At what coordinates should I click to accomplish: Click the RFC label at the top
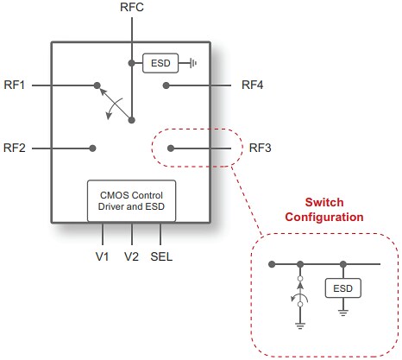coord(131,9)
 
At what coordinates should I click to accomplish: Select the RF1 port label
coord(16,85)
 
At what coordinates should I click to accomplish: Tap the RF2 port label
coord(16,148)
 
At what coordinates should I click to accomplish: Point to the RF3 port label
coord(260,148)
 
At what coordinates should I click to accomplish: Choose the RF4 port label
coord(253,85)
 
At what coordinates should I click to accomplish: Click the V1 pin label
coord(103,257)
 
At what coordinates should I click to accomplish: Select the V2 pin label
coord(131,257)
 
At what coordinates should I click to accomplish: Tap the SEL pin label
coord(161,257)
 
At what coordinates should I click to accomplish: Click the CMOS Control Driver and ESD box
coord(131,201)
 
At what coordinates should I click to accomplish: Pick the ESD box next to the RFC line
coord(160,63)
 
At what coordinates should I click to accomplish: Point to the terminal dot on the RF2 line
coord(92,148)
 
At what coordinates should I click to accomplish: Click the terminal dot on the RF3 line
coord(171,148)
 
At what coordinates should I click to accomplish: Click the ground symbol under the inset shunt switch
coord(299,325)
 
